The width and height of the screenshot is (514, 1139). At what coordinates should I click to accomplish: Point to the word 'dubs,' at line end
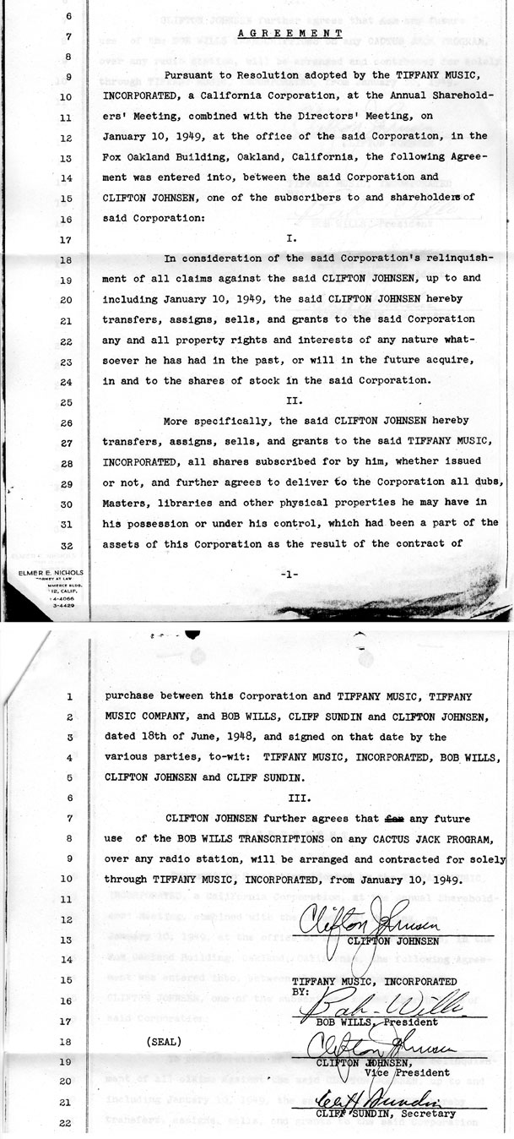[484, 482]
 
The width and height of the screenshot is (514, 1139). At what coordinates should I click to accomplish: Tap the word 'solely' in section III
[486, 858]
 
